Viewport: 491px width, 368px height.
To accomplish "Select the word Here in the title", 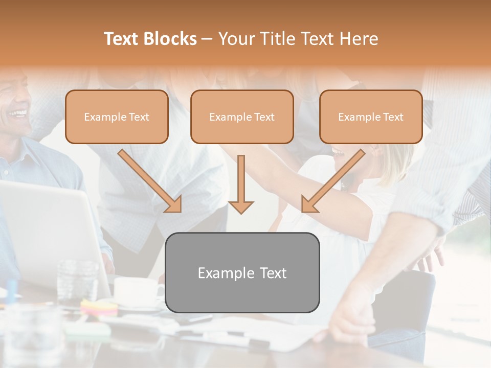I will pyautogui.click(x=358, y=39).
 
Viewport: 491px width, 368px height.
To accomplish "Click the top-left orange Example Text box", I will pyautogui.click(x=117, y=117).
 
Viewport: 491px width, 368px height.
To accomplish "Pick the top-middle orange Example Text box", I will pyautogui.click(x=242, y=117).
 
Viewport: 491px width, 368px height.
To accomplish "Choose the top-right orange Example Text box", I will pyautogui.click(x=371, y=117).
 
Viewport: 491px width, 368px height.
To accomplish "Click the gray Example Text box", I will pyautogui.click(x=242, y=272).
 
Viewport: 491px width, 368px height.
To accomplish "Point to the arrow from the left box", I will pyautogui.click(x=150, y=181).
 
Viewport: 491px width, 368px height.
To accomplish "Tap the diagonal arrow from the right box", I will pyautogui.click(x=333, y=181).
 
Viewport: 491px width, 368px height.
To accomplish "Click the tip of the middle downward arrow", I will pyautogui.click(x=241, y=211).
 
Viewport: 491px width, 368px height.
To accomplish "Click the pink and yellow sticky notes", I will pyautogui.click(x=99, y=307).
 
